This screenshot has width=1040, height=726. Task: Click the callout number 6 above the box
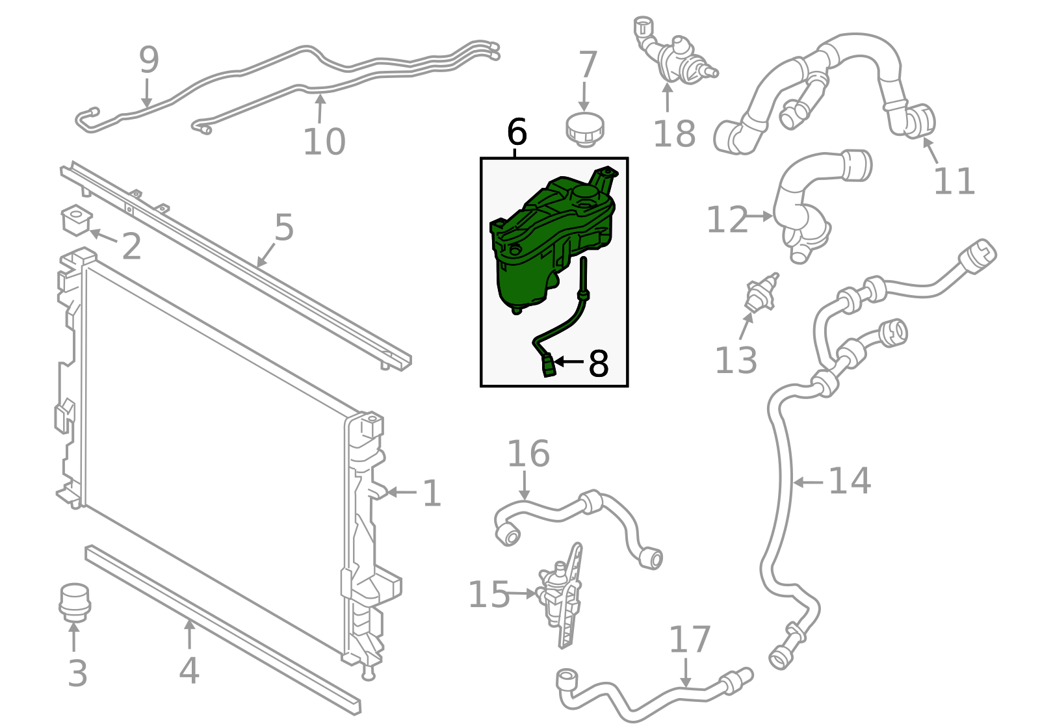517,132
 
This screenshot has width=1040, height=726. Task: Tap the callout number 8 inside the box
598,364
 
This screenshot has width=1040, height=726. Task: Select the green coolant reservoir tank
553,240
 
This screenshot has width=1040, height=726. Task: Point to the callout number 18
674,134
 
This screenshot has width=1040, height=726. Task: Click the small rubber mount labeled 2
76,220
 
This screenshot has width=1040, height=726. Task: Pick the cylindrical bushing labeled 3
74,603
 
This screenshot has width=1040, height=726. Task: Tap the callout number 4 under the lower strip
189,671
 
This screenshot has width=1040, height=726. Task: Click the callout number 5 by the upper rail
284,227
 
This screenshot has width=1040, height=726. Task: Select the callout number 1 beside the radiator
432,493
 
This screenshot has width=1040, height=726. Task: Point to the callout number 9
149,60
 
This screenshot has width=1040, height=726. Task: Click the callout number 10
324,142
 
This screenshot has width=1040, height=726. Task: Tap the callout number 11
954,181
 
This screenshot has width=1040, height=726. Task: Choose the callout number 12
727,220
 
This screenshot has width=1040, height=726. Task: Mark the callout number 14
849,482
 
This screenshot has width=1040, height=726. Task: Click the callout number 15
489,595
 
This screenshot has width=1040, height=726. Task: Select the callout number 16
528,454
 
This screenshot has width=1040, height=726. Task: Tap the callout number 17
690,640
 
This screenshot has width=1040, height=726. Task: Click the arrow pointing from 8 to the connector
569,361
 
